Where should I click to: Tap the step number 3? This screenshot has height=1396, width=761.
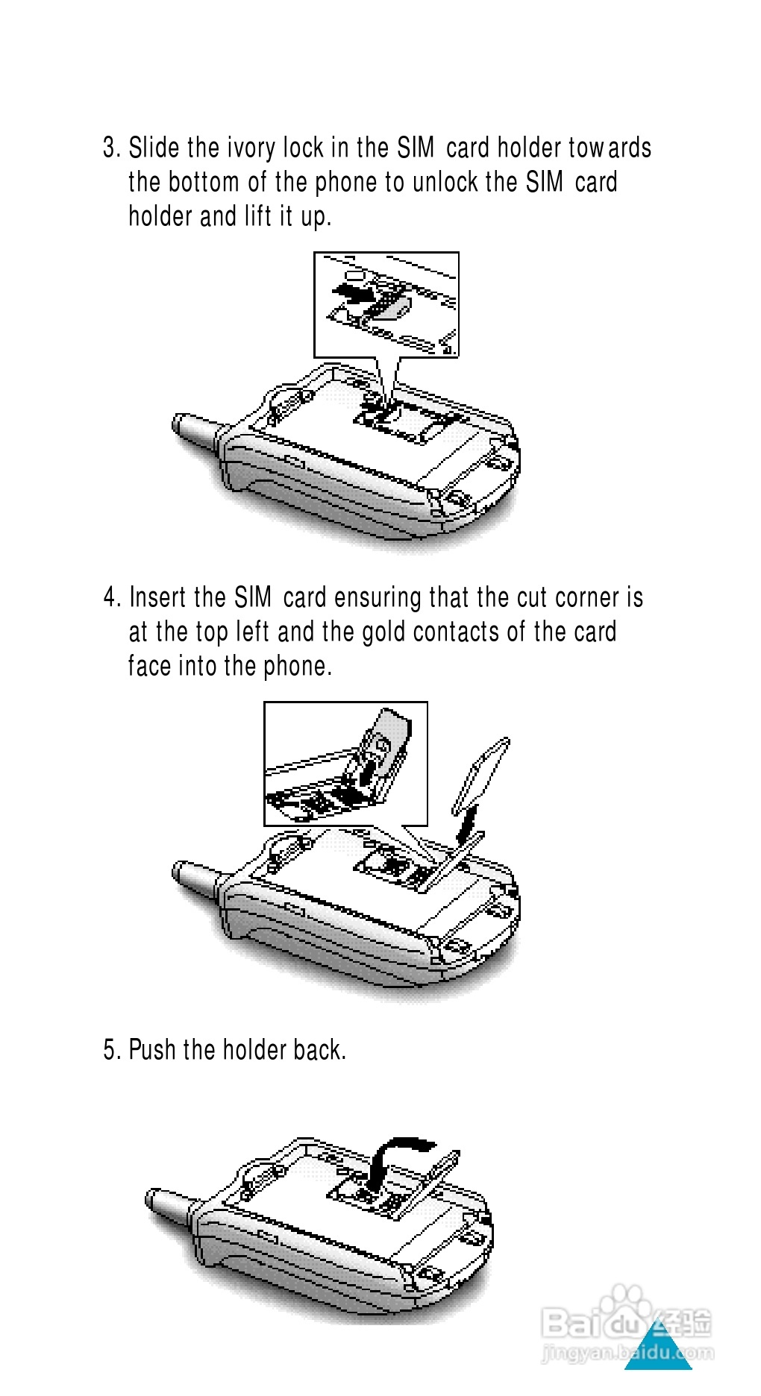coord(110,148)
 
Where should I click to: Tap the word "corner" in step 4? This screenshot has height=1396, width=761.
coord(588,598)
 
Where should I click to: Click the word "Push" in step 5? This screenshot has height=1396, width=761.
coord(152,1049)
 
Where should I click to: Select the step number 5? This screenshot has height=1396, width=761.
coord(110,1050)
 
